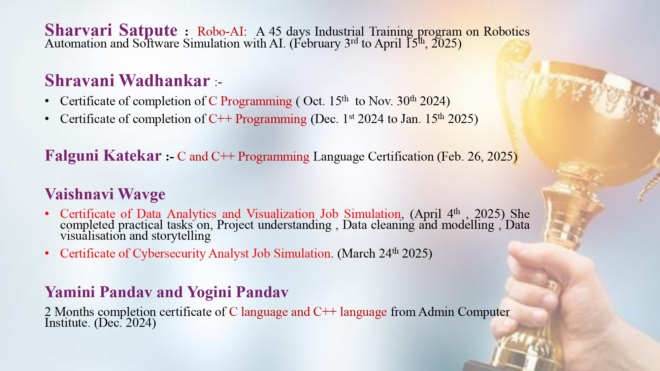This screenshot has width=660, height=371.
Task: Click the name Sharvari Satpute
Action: click(x=111, y=30)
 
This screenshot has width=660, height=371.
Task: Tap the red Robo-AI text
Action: click(x=220, y=31)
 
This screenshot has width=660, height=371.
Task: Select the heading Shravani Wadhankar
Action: click(x=127, y=80)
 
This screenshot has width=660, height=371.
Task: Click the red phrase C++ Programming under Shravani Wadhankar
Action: click(x=258, y=119)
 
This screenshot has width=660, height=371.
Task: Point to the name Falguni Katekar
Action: click(x=103, y=156)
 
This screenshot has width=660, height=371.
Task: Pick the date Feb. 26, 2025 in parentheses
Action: click(x=477, y=156)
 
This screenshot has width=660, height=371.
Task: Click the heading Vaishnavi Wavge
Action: click(x=105, y=194)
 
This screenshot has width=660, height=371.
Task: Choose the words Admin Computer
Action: click(x=464, y=312)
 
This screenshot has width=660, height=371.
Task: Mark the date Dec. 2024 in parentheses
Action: click(x=125, y=323)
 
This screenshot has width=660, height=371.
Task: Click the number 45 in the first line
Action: click(x=275, y=31)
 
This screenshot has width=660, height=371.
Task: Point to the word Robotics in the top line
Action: click(x=507, y=31)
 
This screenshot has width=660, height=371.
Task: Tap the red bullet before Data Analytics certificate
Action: click(x=47, y=214)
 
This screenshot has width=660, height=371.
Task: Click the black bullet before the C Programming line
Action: click(x=47, y=101)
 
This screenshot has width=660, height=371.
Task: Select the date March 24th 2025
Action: click(x=385, y=253)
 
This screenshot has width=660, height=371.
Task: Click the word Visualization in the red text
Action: click(x=280, y=214)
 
